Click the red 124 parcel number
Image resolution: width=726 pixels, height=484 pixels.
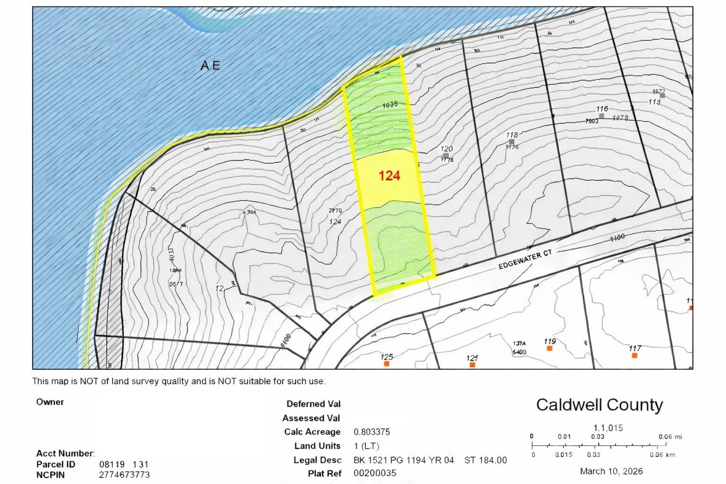pyautogui.click(x=389, y=176)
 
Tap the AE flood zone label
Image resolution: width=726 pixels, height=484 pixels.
pyautogui.click(x=210, y=65)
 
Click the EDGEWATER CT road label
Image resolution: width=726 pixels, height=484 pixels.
pyautogui.click(x=525, y=260)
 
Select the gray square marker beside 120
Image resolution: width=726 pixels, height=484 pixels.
pyautogui.click(x=446, y=156)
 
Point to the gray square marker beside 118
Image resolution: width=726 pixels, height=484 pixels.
pyautogui.click(x=511, y=142)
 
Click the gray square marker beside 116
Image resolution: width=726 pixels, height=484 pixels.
pyautogui.click(x=601, y=116)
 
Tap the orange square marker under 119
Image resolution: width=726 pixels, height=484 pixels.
pyautogui.click(x=549, y=348)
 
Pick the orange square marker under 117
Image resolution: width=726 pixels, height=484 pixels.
pyautogui.click(x=634, y=355)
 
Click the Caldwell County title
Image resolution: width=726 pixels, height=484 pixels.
pyautogui.click(x=599, y=405)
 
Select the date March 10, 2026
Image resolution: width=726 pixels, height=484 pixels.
pyautogui.click(x=611, y=471)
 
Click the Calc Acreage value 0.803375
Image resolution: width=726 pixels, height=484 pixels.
pyautogui.click(x=372, y=432)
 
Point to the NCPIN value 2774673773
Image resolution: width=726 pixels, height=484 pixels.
pyautogui.click(x=124, y=475)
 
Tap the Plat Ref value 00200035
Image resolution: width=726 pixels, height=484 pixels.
pyautogui.click(x=375, y=473)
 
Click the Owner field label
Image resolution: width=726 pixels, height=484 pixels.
pyautogui.click(x=50, y=402)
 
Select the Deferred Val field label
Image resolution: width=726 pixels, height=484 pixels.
pyautogui.click(x=313, y=404)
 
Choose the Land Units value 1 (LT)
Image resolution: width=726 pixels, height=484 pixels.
pyautogui.click(x=366, y=446)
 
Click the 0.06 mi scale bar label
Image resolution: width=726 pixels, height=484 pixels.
pyautogui.click(x=670, y=437)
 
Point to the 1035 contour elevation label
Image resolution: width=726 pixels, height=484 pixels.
pyautogui.click(x=390, y=105)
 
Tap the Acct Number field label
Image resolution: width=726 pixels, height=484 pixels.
pyautogui.click(x=65, y=453)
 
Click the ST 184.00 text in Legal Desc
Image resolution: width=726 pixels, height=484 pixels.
pyautogui.click(x=485, y=460)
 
